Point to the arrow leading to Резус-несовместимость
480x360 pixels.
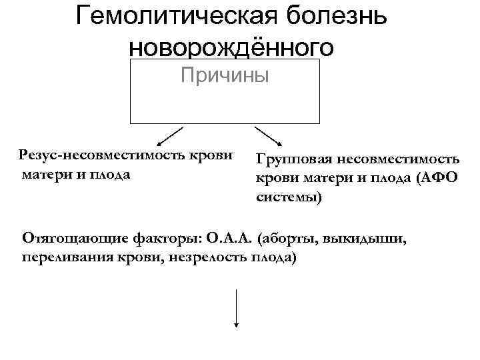(x=169, y=136)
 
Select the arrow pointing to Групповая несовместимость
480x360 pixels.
(x=268, y=136)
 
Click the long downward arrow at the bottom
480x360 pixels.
(x=236, y=307)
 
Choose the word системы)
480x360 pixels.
(x=289, y=198)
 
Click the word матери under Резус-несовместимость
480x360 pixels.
(x=46, y=175)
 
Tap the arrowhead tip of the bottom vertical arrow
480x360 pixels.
(x=236, y=326)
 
